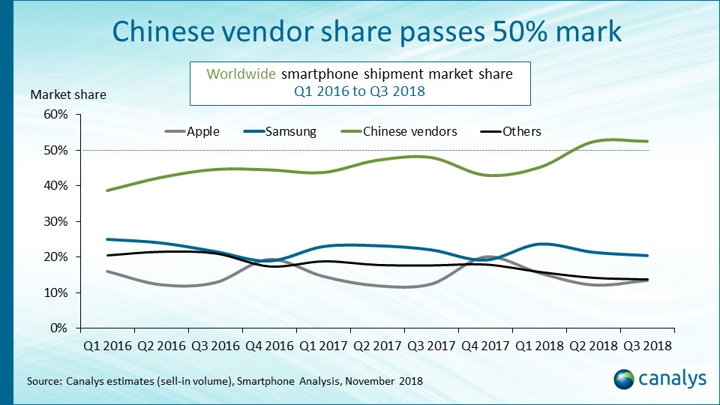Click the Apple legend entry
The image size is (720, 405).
click(x=192, y=131)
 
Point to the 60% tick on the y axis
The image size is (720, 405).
click(x=56, y=115)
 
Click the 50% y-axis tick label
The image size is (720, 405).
click(x=56, y=150)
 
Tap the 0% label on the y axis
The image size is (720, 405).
click(x=59, y=328)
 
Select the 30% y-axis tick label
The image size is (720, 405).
click(x=56, y=221)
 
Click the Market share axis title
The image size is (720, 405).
click(x=68, y=94)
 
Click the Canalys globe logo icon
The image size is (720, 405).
click(x=625, y=379)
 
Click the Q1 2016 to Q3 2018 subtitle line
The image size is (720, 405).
click(x=359, y=91)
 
